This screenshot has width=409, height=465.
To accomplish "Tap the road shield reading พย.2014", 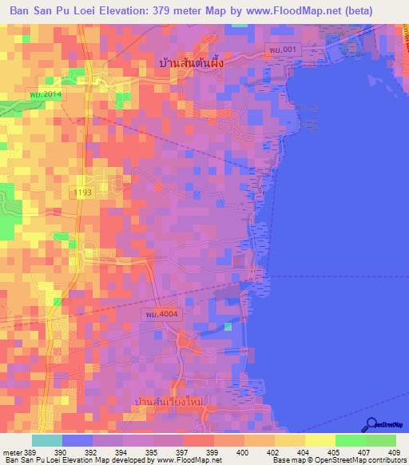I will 46,94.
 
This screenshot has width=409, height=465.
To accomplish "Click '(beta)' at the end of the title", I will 380,12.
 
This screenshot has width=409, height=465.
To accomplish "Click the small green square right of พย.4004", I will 228,325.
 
